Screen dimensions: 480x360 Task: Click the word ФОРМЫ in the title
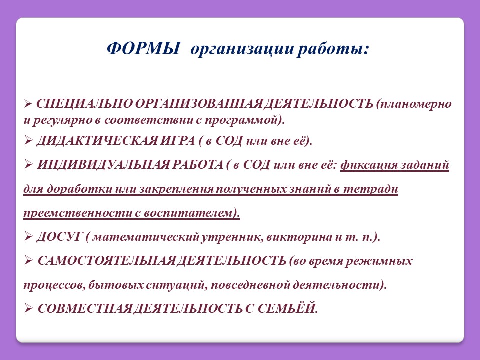pyautogui.click(x=143, y=48)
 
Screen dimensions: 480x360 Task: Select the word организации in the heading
pyautogui.click(x=242, y=50)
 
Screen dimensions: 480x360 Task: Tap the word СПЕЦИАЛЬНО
pyautogui.click(x=84, y=104)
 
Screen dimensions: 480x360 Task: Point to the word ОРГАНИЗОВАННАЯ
pyautogui.click(x=198, y=104)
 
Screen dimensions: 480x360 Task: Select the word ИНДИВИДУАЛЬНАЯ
pyautogui.click(x=103, y=165)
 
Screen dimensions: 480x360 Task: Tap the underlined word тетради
pyautogui.click(x=370, y=189)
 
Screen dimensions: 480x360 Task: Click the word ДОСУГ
pyautogui.click(x=59, y=237)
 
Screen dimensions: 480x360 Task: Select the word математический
pyautogui.click(x=146, y=237)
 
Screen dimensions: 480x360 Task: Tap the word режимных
pyautogui.click(x=379, y=261)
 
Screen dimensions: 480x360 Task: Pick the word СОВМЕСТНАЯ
pyautogui.click(x=84, y=309)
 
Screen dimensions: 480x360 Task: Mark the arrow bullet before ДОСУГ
pyautogui.click(x=28, y=237)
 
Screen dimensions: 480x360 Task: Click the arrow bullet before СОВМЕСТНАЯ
pyautogui.click(x=28, y=309)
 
